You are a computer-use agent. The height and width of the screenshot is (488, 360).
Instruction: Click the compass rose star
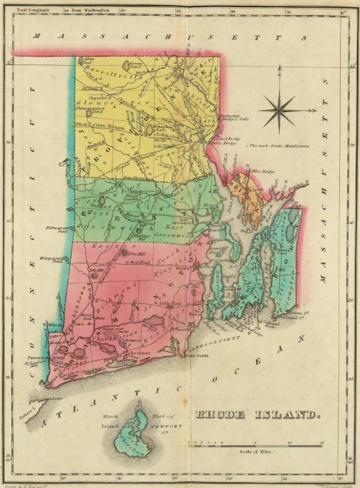click(277, 110)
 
